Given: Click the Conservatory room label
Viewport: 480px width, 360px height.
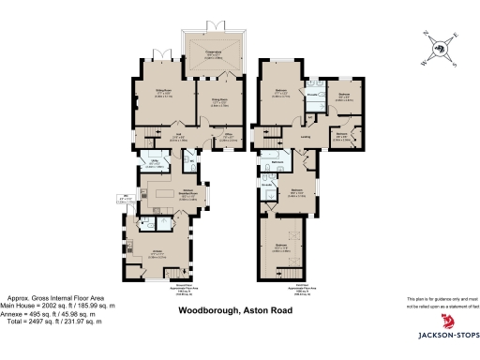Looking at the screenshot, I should click(213, 53).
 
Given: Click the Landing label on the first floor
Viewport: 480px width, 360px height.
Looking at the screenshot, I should click(306, 139).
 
